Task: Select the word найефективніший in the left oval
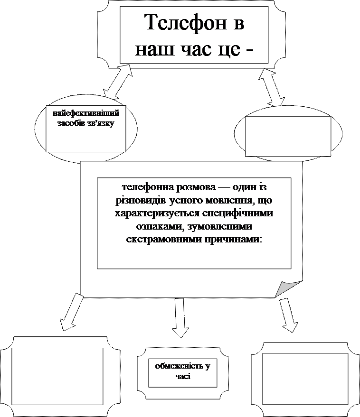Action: pyautogui.click(x=86, y=114)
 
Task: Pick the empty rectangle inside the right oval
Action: pyautogui.click(x=288, y=136)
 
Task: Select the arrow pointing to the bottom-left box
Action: pyautogui.click(x=72, y=312)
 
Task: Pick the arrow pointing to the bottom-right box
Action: pyautogui.click(x=288, y=315)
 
